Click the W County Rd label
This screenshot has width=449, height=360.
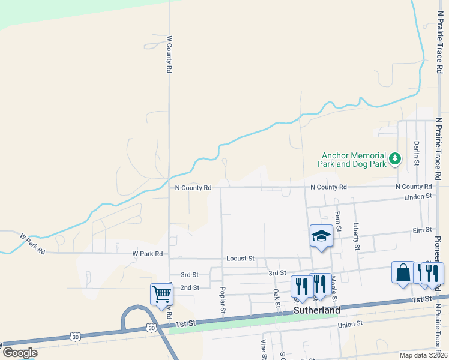170,54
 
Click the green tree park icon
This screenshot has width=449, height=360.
394,158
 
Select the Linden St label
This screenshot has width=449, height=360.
418,196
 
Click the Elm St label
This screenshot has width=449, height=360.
423,230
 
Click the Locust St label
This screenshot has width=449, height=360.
240,259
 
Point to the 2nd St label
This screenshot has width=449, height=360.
190,287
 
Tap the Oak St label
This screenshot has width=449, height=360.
277,298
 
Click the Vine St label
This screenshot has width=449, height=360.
264,349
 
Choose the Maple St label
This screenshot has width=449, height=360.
334,290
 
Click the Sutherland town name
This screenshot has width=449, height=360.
317,310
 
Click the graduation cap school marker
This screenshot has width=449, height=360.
321,236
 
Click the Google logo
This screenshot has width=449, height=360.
19,353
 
